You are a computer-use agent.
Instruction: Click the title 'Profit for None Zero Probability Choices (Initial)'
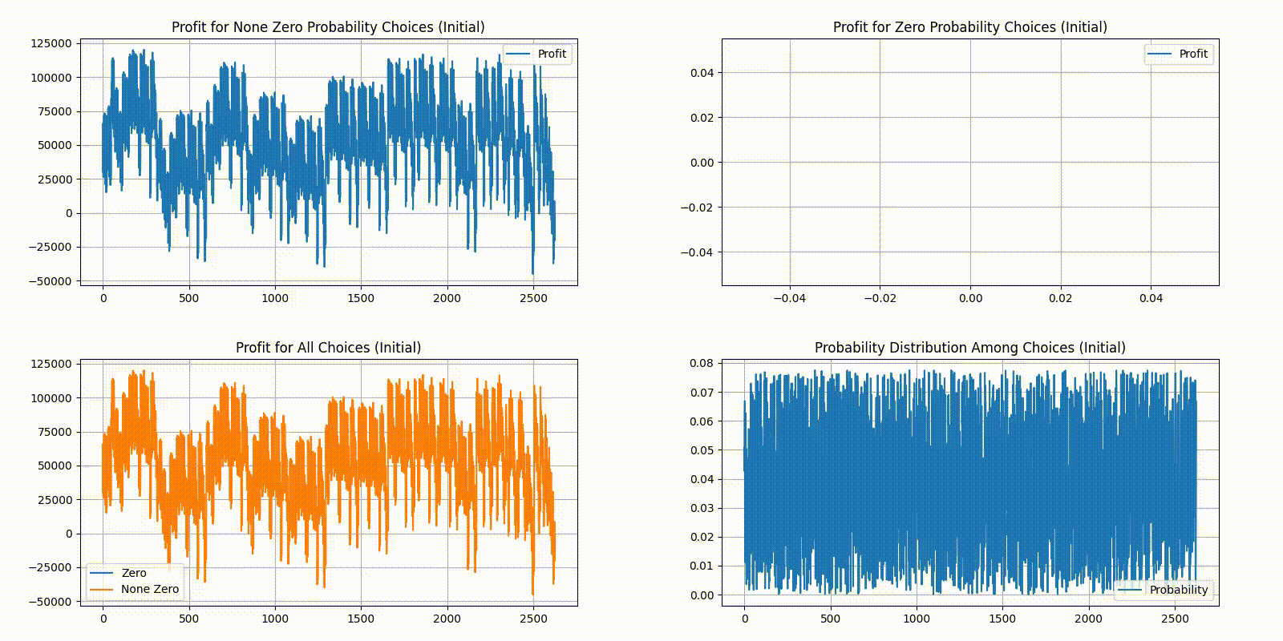[x=328, y=27]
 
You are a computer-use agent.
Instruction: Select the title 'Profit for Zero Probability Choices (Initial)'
[x=969, y=27]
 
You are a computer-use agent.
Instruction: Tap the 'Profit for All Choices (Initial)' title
[x=328, y=348]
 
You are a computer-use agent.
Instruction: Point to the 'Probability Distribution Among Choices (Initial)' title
[x=969, y=348]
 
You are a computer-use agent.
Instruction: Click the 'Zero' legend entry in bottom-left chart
[x=134, y=573]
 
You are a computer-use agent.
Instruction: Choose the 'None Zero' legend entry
[x=150, y=589]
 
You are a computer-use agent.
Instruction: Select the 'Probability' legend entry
[x=1178, y=590]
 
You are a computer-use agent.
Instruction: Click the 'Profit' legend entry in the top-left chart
[x=552, y=54]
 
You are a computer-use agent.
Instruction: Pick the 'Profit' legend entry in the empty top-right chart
[x=1193, y=54]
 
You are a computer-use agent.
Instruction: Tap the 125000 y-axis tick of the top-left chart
[x=51, y=43]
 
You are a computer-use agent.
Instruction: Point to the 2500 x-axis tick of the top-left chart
[x=533, y=298]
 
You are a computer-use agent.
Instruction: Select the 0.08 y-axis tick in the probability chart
[x=702, y=363]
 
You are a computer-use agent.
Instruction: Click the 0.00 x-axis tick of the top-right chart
[x=970, y=298]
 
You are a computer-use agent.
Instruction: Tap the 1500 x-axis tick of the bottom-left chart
[x=361, y=619]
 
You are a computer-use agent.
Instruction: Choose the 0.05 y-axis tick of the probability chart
[x=702, y=450]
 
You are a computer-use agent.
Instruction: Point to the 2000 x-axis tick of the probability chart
[x=1088, y=619]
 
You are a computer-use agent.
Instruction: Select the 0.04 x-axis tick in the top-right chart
[x=1151, y=298]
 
